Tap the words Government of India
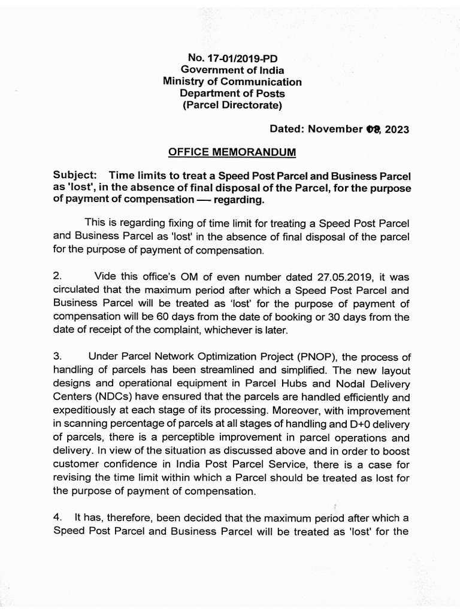232,70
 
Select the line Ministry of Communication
232,82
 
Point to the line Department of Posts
232,94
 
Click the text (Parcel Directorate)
232,106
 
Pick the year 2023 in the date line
397,130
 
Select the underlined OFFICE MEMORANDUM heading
232,152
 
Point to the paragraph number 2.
57,277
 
